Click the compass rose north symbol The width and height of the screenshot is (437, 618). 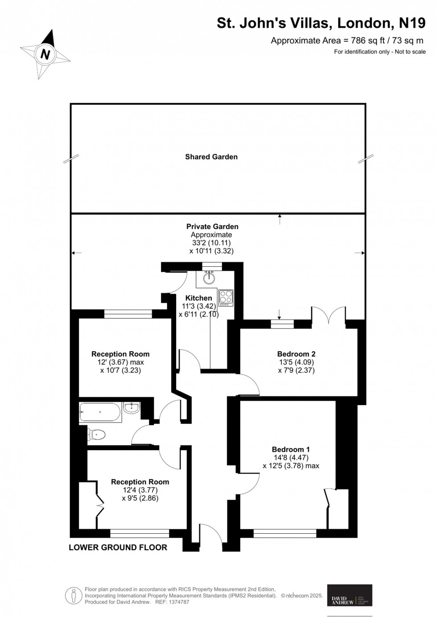(x=45, y=54)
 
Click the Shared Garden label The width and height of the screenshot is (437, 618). (x=211, y=157)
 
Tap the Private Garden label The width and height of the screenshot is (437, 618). (x=212, y=227)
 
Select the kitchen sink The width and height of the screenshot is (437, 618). (x=208, y=278)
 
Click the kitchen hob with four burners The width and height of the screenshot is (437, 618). (x=226, y=298)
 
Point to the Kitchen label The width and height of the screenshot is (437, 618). (x=198, y=298)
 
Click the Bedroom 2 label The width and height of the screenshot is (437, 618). (x=297, y=354)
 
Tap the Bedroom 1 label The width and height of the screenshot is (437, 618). (x=291, y=450)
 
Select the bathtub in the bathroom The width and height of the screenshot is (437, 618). (x=100, y=412)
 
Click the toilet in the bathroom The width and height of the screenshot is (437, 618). (x=97, y=434)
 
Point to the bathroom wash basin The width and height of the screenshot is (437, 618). (x=132, y=407)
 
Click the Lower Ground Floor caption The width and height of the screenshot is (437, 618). (x=118, y=547)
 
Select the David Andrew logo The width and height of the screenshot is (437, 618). (x=350, y=595)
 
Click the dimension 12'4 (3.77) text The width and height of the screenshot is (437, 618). (x=140, y=490)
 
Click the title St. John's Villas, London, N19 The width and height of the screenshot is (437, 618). (x=321, y=23)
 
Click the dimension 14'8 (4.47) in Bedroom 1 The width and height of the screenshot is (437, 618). (x=291, y=458)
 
